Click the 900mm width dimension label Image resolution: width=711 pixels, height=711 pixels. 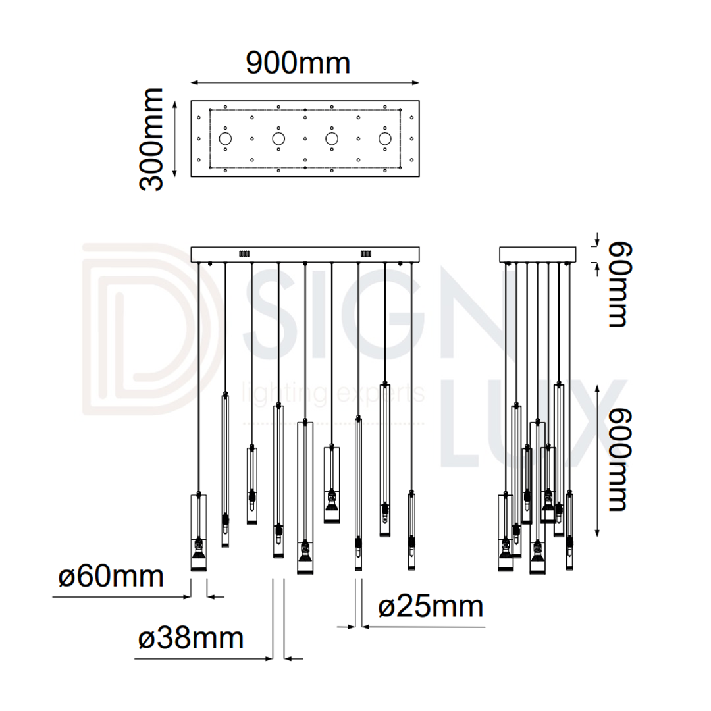pyautogui.click(x=298, y=63)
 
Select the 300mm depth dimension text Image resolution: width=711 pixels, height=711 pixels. pyautogui.click(x=151, y=139)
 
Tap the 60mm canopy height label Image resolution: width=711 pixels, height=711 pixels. pyautogui.click(x=619, y=284)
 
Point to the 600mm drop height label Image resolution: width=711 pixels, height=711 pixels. pyautogui.click(x=619, y=460)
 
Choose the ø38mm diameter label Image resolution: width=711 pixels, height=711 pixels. pyautogui.click(x=191, y=638)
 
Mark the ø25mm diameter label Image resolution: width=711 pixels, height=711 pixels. pyautogui.click(x=431, y=607)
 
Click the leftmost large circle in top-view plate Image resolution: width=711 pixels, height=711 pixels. pyautogui.click(x=225, y=139)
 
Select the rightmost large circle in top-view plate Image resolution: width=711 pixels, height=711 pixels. pyautogui.click(x=385, y=139)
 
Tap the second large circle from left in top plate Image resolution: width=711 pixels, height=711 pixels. pyautogui.click(x=278, y=139)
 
